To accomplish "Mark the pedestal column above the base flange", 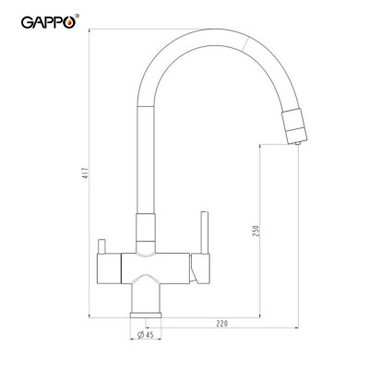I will point(147,297).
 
